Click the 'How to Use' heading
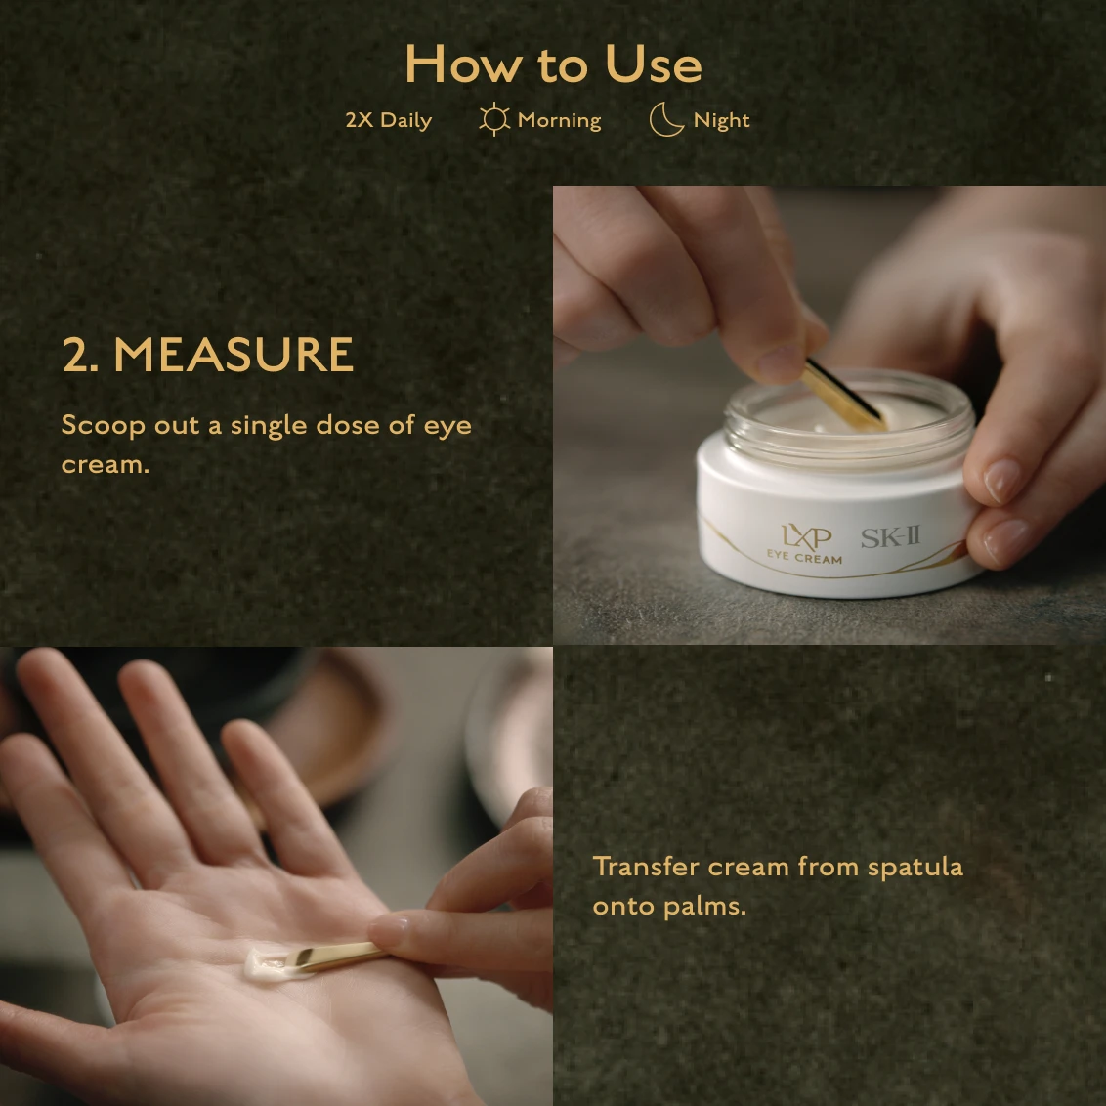pos(554,64)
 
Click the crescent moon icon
pos(666,119)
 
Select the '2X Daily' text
pos(389,120)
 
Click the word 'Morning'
pos(559,120)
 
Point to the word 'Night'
pos(722,120)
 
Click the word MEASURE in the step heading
pos(234,354)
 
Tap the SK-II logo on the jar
pos(891,537)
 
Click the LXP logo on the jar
pos(807,536)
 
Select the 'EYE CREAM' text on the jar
pos(804,557)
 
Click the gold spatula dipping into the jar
pos(842,397)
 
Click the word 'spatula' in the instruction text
pos(915,867)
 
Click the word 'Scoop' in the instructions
pos(103,426)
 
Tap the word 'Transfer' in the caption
pos(646,867)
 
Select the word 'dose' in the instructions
pos(348,425)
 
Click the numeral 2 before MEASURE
pos(76,354)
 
